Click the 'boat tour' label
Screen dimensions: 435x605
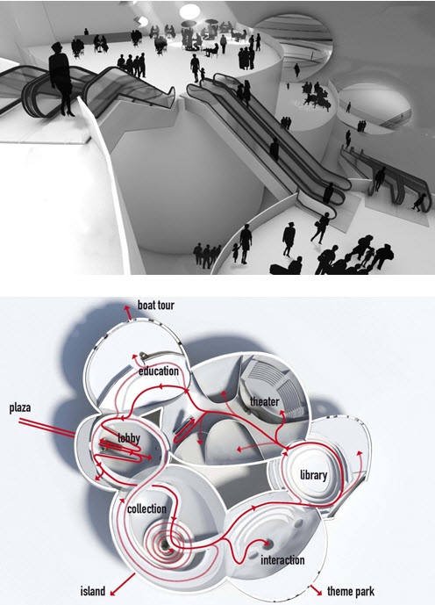click(155, 306)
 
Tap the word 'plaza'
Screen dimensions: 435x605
click(20, 407)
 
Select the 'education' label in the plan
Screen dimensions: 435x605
click(159, 371)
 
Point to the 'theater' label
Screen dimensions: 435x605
click(264, 401)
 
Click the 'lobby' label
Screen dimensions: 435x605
click(129, 437)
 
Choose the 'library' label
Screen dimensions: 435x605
click(313, 474)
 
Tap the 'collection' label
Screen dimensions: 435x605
click(146, 508)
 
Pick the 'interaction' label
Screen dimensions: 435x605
click(282, 560)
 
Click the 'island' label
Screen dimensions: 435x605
click(92, 591)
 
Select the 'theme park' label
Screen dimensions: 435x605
click(351, 591)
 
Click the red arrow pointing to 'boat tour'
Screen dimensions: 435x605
click(128, 313)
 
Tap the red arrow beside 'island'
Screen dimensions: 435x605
click(123, 585)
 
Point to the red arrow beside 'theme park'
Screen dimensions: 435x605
click(317, 590)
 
